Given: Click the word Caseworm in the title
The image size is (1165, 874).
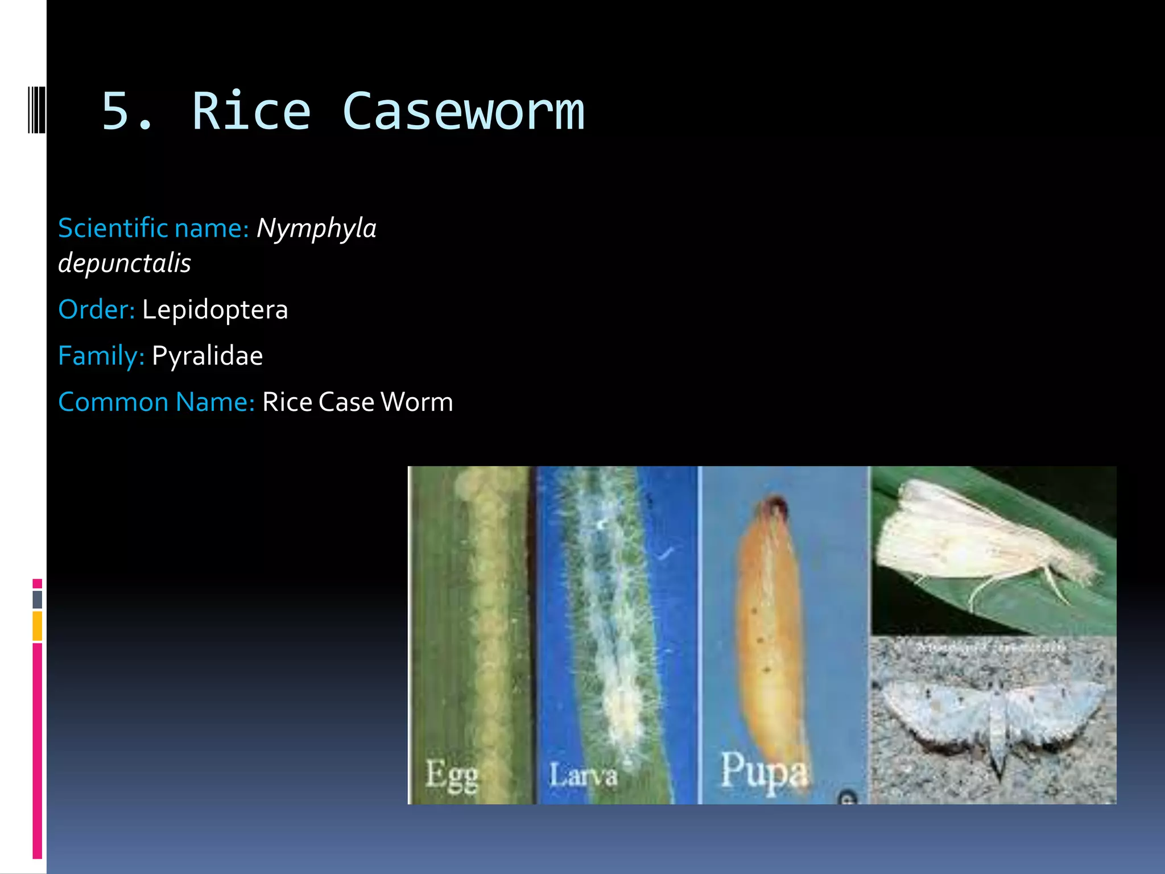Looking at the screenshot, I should point(463,112).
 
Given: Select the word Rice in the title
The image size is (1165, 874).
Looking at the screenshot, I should point(251,112).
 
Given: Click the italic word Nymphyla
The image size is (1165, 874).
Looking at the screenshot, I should point(316,228).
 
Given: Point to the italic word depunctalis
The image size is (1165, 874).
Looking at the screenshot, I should point(125,263).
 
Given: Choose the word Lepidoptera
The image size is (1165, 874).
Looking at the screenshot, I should point(215,310).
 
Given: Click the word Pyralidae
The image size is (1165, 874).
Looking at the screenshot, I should point(207,356).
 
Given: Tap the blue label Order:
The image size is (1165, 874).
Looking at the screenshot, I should point(96,310).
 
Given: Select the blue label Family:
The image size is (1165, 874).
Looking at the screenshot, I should point(101,356).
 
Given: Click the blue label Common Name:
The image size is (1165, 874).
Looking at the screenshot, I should point(156,402).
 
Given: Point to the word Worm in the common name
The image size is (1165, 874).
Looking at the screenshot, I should point(416,402).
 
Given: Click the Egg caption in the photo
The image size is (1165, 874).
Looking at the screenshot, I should point(452,774).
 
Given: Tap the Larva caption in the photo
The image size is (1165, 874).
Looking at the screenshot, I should point(583,776).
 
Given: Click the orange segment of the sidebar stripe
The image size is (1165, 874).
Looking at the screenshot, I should point(38,626).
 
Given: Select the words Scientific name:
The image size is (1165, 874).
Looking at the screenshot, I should point(154,228).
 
